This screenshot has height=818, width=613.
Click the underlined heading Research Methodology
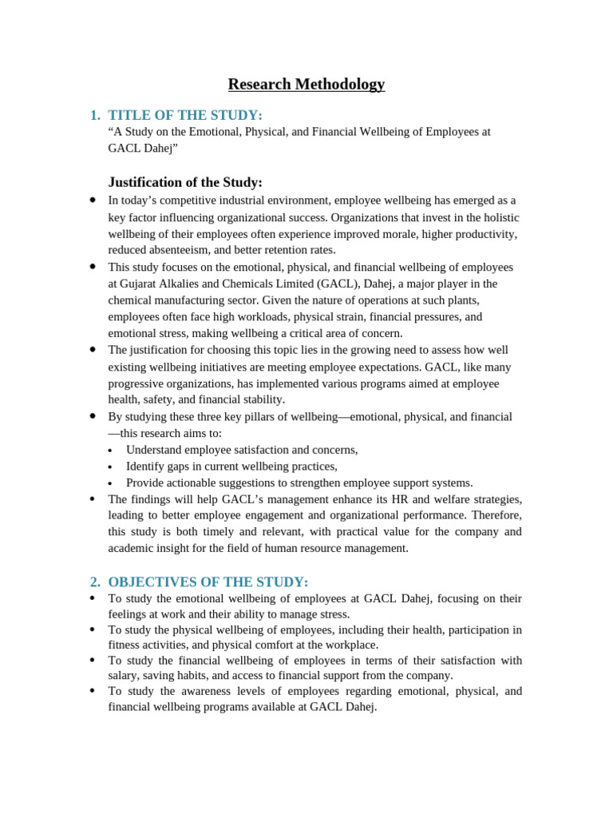pyautogui.click(x=306, y=84)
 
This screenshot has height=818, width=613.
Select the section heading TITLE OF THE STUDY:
pyautogui.click(x=185, y=115)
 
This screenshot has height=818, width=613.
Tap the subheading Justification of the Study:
pyautogui.click(x=185, y=182)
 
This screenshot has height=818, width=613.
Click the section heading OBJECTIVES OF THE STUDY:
pyautogui.click(x=208, y=582)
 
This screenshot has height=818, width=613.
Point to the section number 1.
pyautogui.click(x=95, y=115)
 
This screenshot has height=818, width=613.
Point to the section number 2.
pyautogui.click(x=95, y=582)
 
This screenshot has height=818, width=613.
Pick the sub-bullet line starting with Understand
pyautogui.click(x=242, y=450)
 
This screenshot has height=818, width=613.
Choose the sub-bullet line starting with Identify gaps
pyautogui.click(x=231, y=467)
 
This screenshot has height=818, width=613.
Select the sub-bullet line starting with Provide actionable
pyautogui.click(x=299, y=482)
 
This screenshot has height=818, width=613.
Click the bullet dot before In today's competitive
pyautogui.click(x=93, y=200)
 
